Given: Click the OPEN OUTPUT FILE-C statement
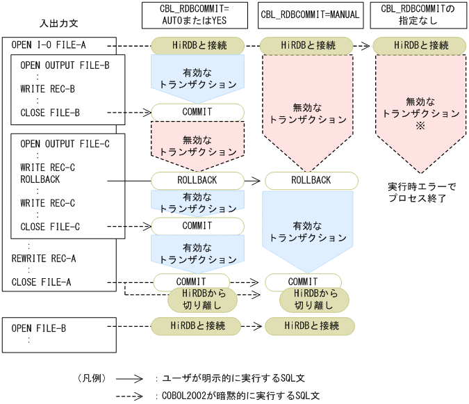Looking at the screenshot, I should (x=65, y=144).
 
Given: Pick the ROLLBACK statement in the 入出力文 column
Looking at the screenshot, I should (x=40, y=179).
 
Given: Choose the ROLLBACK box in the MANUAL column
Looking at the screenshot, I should (x=310, y=180).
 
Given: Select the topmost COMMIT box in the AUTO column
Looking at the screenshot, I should (x=197, y=111).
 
